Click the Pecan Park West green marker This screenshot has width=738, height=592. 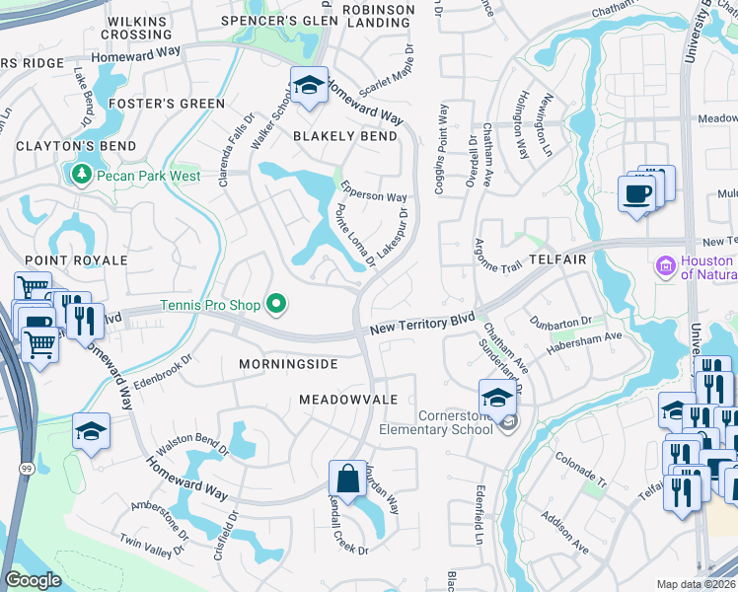pyautogui.click(x=79, y=176)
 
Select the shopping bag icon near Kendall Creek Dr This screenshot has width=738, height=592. pyautogui.click(x=347, y=481)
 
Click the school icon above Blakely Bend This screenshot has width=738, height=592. pyautogui.click(x=309, y=86)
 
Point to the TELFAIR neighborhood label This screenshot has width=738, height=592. pyautogui.click(x=557, y=259)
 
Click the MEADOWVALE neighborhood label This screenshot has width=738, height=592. pyautogui.click(x=348, y=399)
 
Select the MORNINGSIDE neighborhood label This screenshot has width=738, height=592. pyautogui.click(x=288, y=364)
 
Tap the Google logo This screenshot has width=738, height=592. pyautogui.click(x=33, y=580)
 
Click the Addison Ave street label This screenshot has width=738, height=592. pyautogui.click(x=564, y=560)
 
